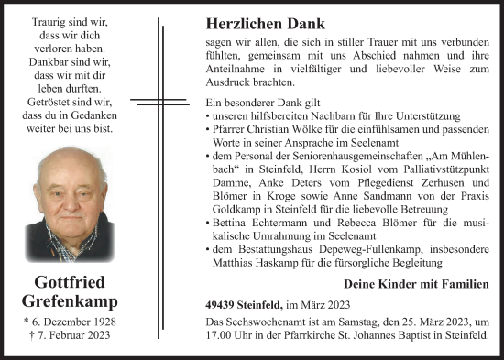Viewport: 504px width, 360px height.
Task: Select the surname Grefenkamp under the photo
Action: point(71,301)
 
